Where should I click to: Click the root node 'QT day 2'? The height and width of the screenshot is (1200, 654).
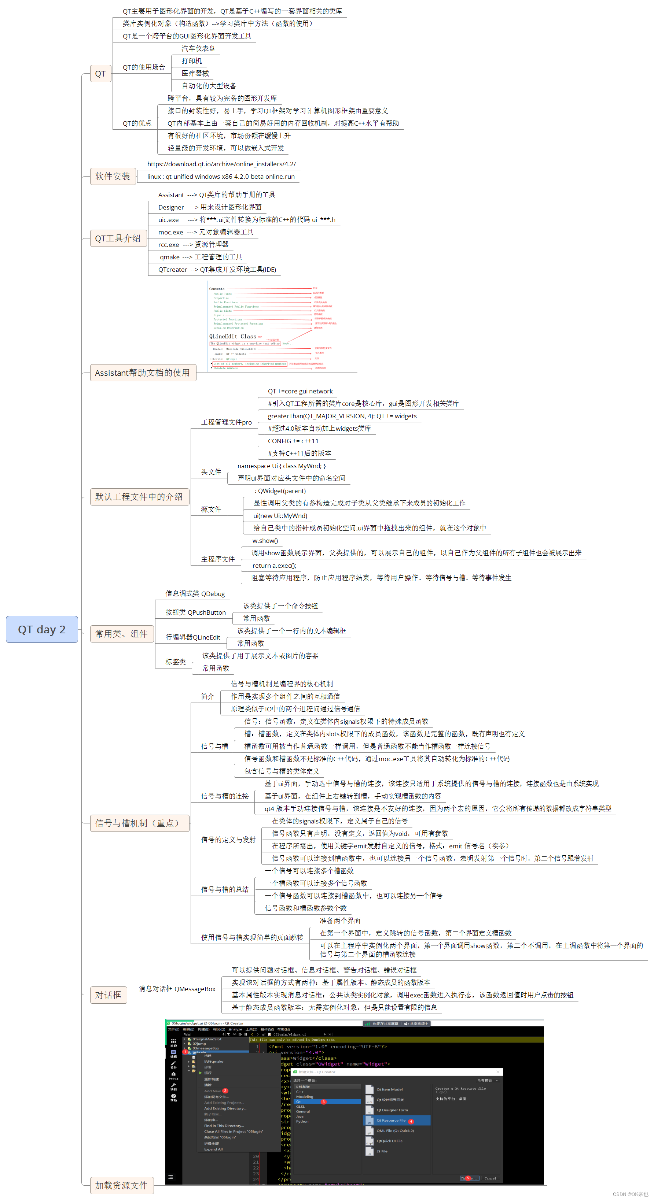click(x=41, y=629)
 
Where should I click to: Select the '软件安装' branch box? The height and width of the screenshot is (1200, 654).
click(x=113, y=176)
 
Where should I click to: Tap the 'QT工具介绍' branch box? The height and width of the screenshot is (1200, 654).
click(x=118, y=238)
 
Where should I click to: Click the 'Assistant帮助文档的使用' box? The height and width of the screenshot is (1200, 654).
click(x=143, y=373)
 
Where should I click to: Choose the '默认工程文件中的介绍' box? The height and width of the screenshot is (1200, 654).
click(x=139, y=497)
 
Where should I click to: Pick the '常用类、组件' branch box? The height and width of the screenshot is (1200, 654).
click(x=122, y=634)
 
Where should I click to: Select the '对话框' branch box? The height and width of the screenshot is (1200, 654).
click(x=108, y=995)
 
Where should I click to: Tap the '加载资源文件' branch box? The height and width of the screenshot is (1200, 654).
click(x=122, y=1185)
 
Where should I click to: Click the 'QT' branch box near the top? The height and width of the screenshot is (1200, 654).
click(x=100, y=74)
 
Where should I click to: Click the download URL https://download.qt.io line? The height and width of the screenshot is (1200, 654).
click(x=221, y=164)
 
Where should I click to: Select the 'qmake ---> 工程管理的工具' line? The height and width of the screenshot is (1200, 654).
click(x=201, y=257)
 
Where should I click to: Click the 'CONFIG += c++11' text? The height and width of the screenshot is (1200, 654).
click(x=293, y=441)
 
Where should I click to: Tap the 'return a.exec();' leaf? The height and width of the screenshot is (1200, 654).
click(x=274, y=566)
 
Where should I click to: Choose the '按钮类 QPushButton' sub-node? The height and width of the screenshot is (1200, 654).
click(x=195, y=612)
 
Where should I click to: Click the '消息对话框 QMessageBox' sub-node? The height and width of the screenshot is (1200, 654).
click(x=177, y=989)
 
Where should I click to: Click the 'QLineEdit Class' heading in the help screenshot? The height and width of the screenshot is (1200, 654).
click(x=233, y=336)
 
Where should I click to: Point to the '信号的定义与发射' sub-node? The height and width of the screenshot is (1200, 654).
click(x=228, y=840)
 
